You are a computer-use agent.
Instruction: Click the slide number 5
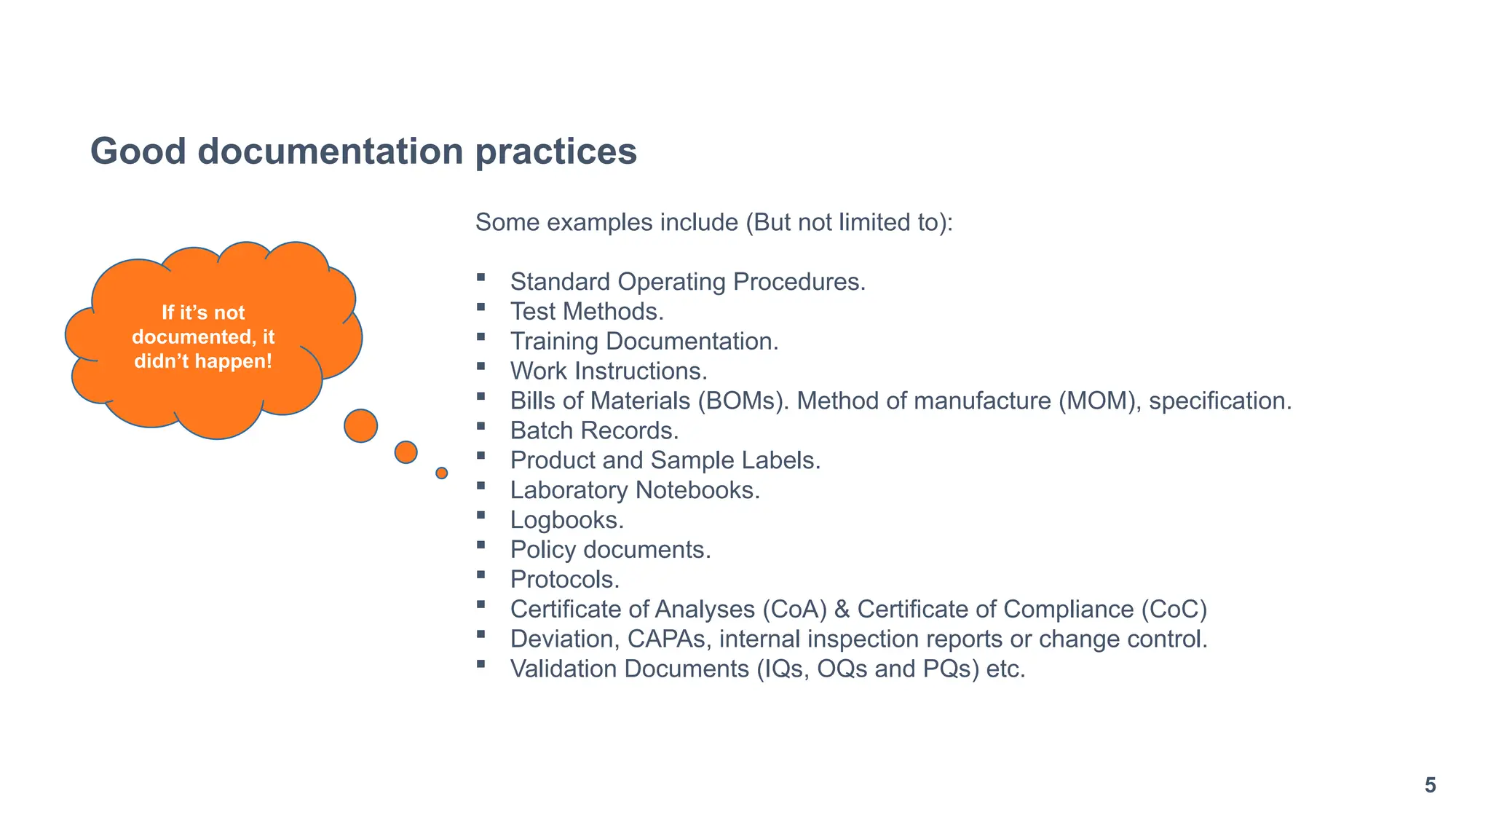pos(1430,786)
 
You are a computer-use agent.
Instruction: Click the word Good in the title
pos(138,151)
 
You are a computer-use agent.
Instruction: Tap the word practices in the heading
pos(556,151)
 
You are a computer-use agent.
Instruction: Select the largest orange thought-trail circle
pos(360,426)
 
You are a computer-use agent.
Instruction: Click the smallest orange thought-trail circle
pos(441,473)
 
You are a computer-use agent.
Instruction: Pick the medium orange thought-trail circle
pos(406,452)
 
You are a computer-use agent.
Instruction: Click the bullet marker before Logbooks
pos(480,515)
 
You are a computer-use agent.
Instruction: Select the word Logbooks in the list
pos(564,520)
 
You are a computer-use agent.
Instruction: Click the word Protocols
pos(563,580)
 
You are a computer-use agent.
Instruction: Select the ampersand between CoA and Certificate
pos(842,610)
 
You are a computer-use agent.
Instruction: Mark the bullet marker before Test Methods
pos(480,307)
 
